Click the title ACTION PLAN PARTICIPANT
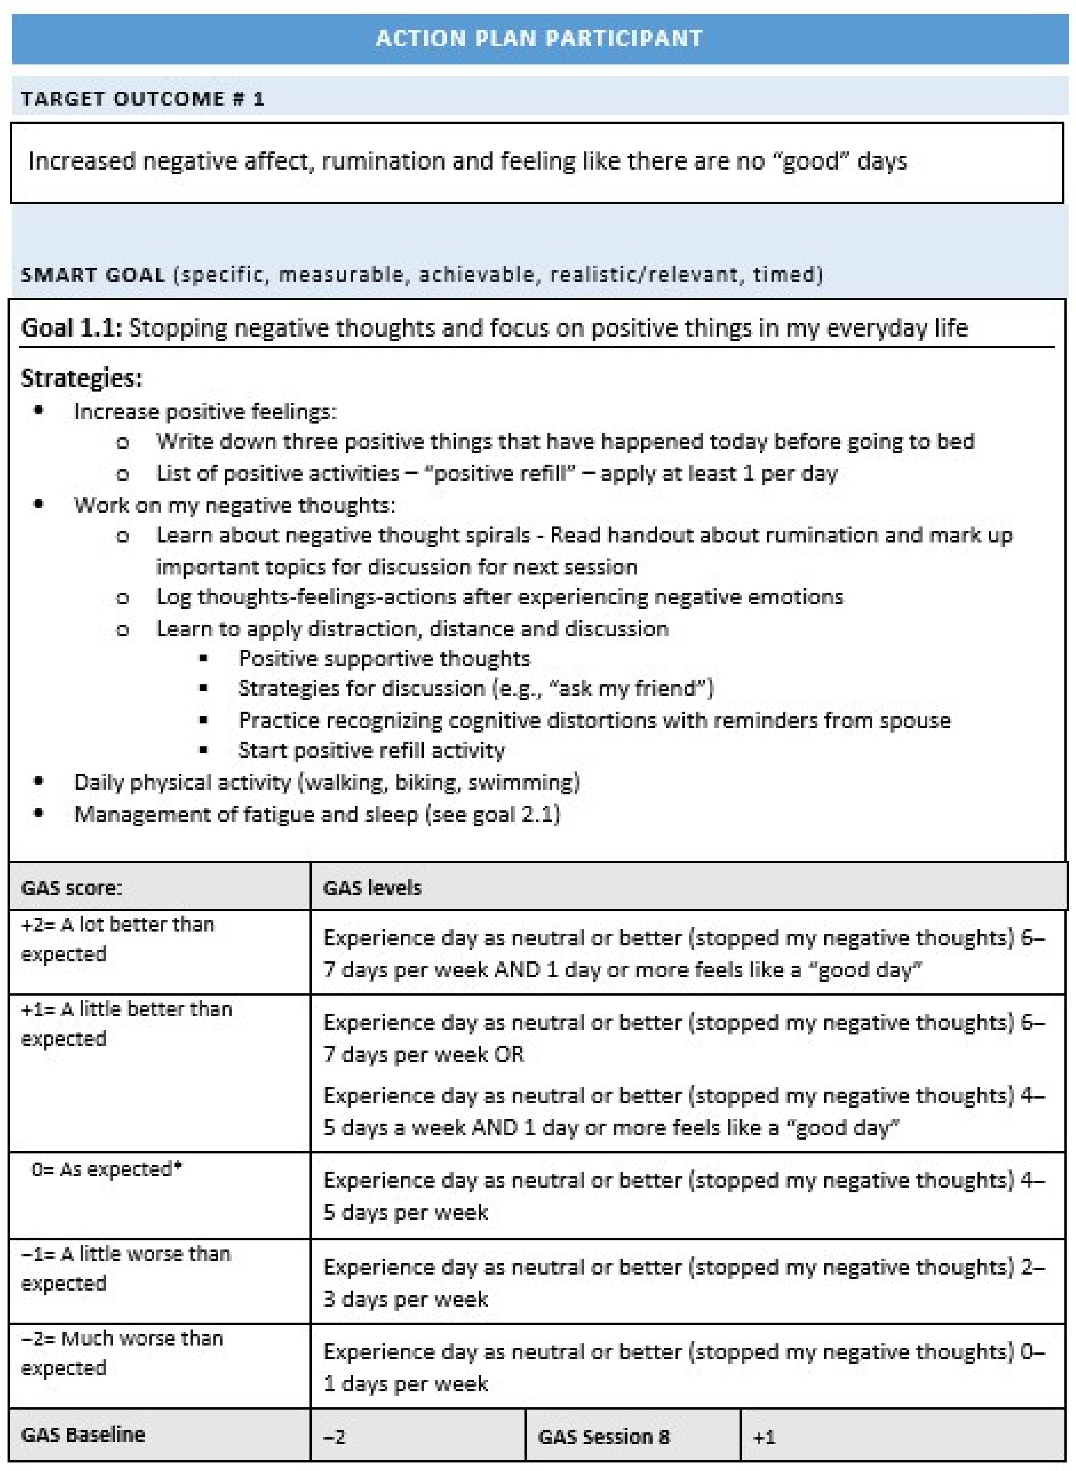(539, 38)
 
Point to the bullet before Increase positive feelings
(39, 410)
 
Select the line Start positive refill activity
(371, 750)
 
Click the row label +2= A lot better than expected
(117, 939)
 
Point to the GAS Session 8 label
(603, 1436)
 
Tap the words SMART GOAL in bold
(93, 275)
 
